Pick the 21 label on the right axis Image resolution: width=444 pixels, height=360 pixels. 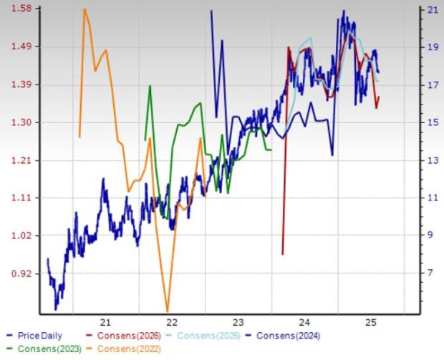click(432, 9)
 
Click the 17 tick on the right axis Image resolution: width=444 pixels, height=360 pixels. click(432, 84)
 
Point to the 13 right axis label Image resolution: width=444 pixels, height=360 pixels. click(432, 160)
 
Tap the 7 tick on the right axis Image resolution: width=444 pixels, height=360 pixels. click(432, 273)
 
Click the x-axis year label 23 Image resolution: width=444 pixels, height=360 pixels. click(238, 321)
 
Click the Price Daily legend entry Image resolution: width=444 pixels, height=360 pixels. click(36, 336)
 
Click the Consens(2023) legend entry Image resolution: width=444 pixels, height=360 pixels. click(42, 349)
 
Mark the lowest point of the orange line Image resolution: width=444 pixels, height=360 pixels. click(168, 310)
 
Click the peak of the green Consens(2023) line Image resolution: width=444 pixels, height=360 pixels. click(150, 86)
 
